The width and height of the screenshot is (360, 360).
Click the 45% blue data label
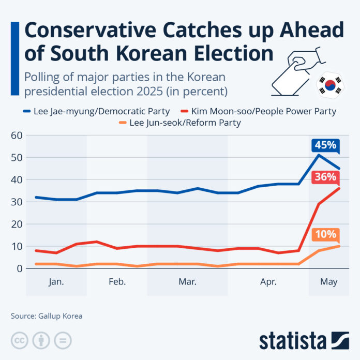324,145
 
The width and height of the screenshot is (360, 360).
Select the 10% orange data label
324,234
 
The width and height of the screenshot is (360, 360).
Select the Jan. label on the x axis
56,282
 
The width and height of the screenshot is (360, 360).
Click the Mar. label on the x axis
187,282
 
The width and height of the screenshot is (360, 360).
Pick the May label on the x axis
328,282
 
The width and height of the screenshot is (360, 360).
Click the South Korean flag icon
329,85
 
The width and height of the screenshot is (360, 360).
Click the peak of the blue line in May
319,155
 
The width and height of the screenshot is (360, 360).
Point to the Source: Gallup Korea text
47,316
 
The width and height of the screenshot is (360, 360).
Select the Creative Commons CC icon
19,340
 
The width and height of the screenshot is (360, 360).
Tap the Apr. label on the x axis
268,282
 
